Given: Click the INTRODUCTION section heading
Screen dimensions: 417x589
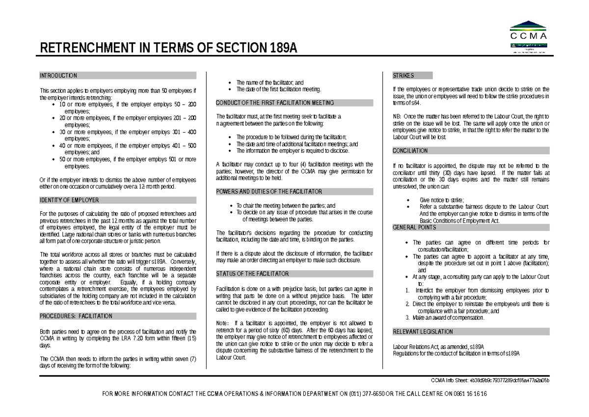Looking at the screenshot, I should tap(58, 76).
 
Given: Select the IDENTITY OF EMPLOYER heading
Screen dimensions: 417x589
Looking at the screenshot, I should tap(69, 200).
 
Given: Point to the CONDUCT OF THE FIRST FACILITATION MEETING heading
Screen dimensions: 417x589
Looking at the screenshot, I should tap(275, 103).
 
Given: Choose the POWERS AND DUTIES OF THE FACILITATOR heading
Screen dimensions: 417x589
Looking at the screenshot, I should tap(269, 192).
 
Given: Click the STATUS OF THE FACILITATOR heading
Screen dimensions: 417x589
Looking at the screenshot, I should tap(252, 274).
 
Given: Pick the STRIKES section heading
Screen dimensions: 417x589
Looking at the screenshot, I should tap(403, 76).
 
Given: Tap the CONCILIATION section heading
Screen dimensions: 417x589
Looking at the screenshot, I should tap(410, 151).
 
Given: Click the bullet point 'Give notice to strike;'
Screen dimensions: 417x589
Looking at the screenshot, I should tap(442, 200).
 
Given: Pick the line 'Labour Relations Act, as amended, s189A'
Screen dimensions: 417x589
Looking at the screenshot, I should tap(438, 347).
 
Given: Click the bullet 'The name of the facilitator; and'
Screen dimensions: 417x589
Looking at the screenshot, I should tap(270, 83).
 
